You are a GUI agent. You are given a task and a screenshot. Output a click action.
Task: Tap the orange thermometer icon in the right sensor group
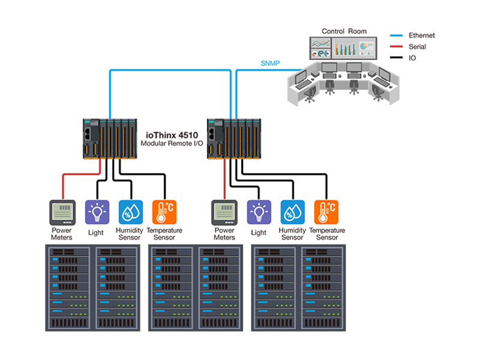326,212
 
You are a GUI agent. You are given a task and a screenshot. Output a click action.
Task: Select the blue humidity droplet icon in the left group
130,212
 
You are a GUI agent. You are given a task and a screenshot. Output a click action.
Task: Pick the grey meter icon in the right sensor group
224,212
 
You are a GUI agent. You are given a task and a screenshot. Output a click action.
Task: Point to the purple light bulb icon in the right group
259,212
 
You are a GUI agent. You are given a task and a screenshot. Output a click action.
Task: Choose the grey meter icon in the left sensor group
62,212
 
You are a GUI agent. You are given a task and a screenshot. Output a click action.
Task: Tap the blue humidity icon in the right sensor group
292,212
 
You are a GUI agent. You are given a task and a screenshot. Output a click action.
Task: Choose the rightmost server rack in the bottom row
323,287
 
